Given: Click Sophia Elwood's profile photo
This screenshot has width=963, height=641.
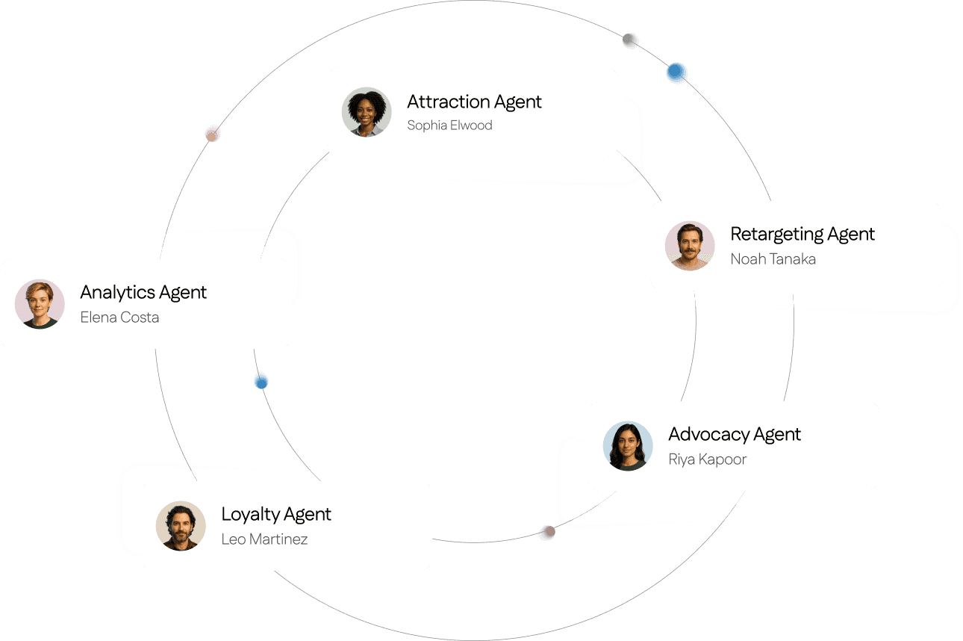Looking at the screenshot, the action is pos(367,112).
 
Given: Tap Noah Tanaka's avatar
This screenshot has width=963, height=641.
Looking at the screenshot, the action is pos(690,245).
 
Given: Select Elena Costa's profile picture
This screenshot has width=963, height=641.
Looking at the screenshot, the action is pos(40,304).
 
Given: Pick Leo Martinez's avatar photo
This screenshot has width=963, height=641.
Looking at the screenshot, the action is pos(181,526).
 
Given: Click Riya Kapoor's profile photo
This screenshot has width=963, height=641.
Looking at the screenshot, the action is pos(628,446).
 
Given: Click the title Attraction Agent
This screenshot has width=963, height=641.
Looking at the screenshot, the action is pos(474,102).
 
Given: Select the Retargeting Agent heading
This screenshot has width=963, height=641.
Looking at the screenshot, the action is pos(802,234).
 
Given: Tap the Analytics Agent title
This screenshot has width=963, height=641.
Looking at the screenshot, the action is pos(143,292).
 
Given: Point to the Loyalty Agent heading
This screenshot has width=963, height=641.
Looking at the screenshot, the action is pos(276,514).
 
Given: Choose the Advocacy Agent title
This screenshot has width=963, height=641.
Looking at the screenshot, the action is pos(734,434).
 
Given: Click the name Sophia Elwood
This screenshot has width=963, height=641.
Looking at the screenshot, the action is pos(449,126).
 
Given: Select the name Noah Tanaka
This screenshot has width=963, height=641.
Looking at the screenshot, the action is pos(773,259).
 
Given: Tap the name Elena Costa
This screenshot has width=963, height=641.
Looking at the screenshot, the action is pos(119,318).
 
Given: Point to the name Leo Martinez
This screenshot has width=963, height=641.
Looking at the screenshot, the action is pos(264,539).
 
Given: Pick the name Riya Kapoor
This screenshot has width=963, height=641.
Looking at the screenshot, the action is pos(707,459).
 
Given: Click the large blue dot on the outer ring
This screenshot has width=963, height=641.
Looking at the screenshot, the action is pos(677,72).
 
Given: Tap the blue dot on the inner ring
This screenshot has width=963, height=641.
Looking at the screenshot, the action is pos(261,381).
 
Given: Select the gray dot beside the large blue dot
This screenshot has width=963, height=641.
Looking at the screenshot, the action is pos(632,41).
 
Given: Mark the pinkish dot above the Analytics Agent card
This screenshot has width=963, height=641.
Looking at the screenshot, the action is pos(214,133).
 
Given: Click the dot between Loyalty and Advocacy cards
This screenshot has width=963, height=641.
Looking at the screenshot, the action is pos(546,533).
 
